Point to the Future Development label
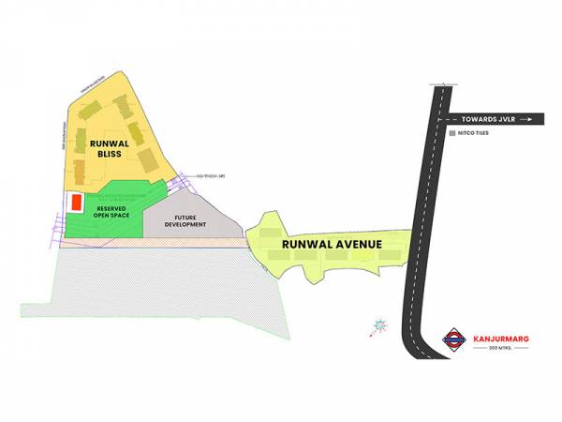185,222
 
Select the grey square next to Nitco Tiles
452,134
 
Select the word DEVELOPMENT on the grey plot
185,226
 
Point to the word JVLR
506,119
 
